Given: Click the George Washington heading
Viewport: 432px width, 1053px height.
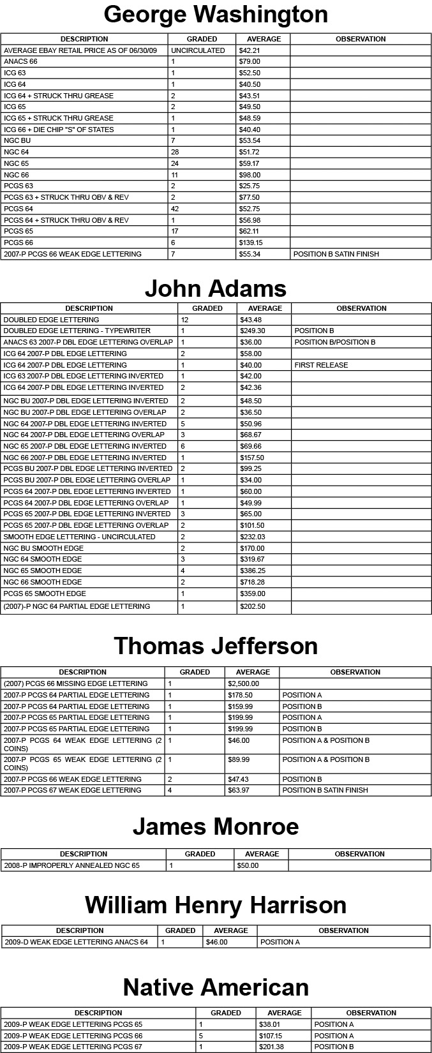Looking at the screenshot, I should (x=216, y=14).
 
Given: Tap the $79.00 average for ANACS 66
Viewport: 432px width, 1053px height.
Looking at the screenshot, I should (x=250, y=62).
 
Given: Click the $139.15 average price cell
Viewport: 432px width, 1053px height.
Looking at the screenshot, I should (x=251, y=243).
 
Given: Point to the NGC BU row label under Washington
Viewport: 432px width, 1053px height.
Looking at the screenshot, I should (x=17, y=140).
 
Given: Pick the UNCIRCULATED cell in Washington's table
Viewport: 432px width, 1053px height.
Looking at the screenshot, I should (x=198, y=50).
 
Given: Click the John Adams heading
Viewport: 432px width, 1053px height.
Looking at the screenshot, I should (x=216, y=288).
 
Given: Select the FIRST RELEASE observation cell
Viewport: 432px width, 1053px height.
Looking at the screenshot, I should (x=321, y=365).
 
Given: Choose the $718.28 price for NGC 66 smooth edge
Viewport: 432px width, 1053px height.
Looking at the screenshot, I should (x=252, y=582).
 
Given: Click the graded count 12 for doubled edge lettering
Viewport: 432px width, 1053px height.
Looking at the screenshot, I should (x=184, y=320).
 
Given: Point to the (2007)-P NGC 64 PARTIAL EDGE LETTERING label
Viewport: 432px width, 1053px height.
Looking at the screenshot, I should (x=77, y=606).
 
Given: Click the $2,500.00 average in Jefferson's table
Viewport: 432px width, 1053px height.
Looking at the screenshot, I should (x=243, y=683).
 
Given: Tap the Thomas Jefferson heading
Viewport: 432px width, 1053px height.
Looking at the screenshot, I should (x=216, y=646).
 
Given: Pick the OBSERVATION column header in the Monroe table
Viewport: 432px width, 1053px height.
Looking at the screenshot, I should (x=359, y=854).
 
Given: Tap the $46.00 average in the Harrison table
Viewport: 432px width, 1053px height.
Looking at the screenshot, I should (x=216, y=942).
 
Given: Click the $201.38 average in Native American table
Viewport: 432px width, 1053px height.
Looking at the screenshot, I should (x=271, y=1047).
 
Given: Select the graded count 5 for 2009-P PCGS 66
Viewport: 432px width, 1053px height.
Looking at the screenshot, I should (x=201, y=1036).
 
